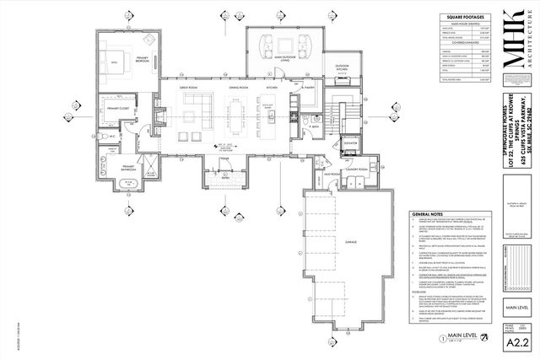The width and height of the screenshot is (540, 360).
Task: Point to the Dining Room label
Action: coord(237,89)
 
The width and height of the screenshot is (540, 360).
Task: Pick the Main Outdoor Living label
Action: coord(285,59)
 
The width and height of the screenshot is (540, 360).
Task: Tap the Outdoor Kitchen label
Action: coord(343,67)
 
